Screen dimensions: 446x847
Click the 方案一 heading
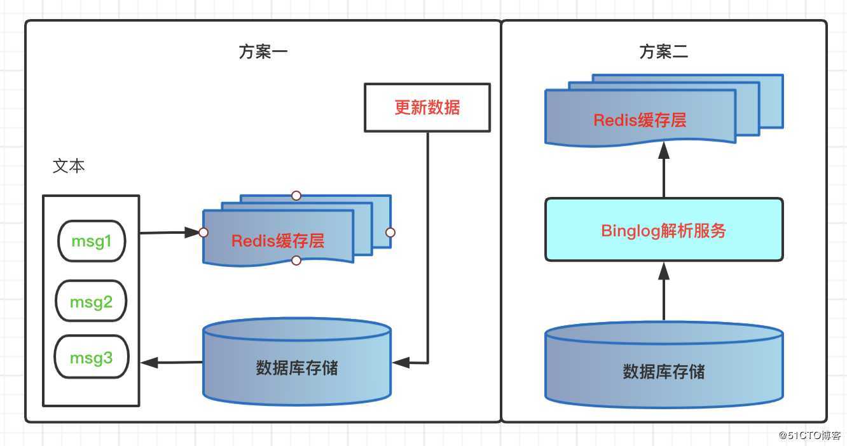(263, 52)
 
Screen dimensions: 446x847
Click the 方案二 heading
(663, 52)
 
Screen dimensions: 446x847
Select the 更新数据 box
(427, 107)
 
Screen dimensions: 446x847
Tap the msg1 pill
(92, 241)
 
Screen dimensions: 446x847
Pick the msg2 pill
(91, 301)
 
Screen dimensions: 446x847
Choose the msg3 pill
(91, 358)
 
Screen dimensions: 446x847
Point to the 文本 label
(69, 166)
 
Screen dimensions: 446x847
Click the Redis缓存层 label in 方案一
(278, 241)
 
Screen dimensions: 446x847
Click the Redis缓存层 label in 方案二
(640, 120)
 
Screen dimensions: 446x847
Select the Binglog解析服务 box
(664, 230)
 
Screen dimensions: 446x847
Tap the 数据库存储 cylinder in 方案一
(296, 367)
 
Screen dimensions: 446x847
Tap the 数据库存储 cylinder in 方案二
(664, 371)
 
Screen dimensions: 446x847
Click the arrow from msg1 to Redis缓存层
(169, 233)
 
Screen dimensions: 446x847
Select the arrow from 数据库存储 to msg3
(172, 363)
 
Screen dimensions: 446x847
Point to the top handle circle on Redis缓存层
(296, 195)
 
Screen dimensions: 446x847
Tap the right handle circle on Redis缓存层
(390, 233)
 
